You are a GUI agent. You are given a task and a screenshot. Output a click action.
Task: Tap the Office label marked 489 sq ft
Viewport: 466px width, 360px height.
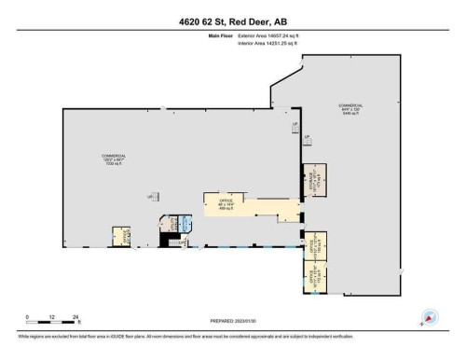[226, 202]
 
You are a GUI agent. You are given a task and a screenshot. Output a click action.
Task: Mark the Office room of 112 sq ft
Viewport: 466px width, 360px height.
[313, 274]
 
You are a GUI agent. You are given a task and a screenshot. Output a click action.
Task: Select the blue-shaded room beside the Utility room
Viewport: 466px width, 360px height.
[184, 224]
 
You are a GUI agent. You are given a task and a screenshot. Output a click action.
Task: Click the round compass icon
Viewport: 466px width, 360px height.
[430, 317]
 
